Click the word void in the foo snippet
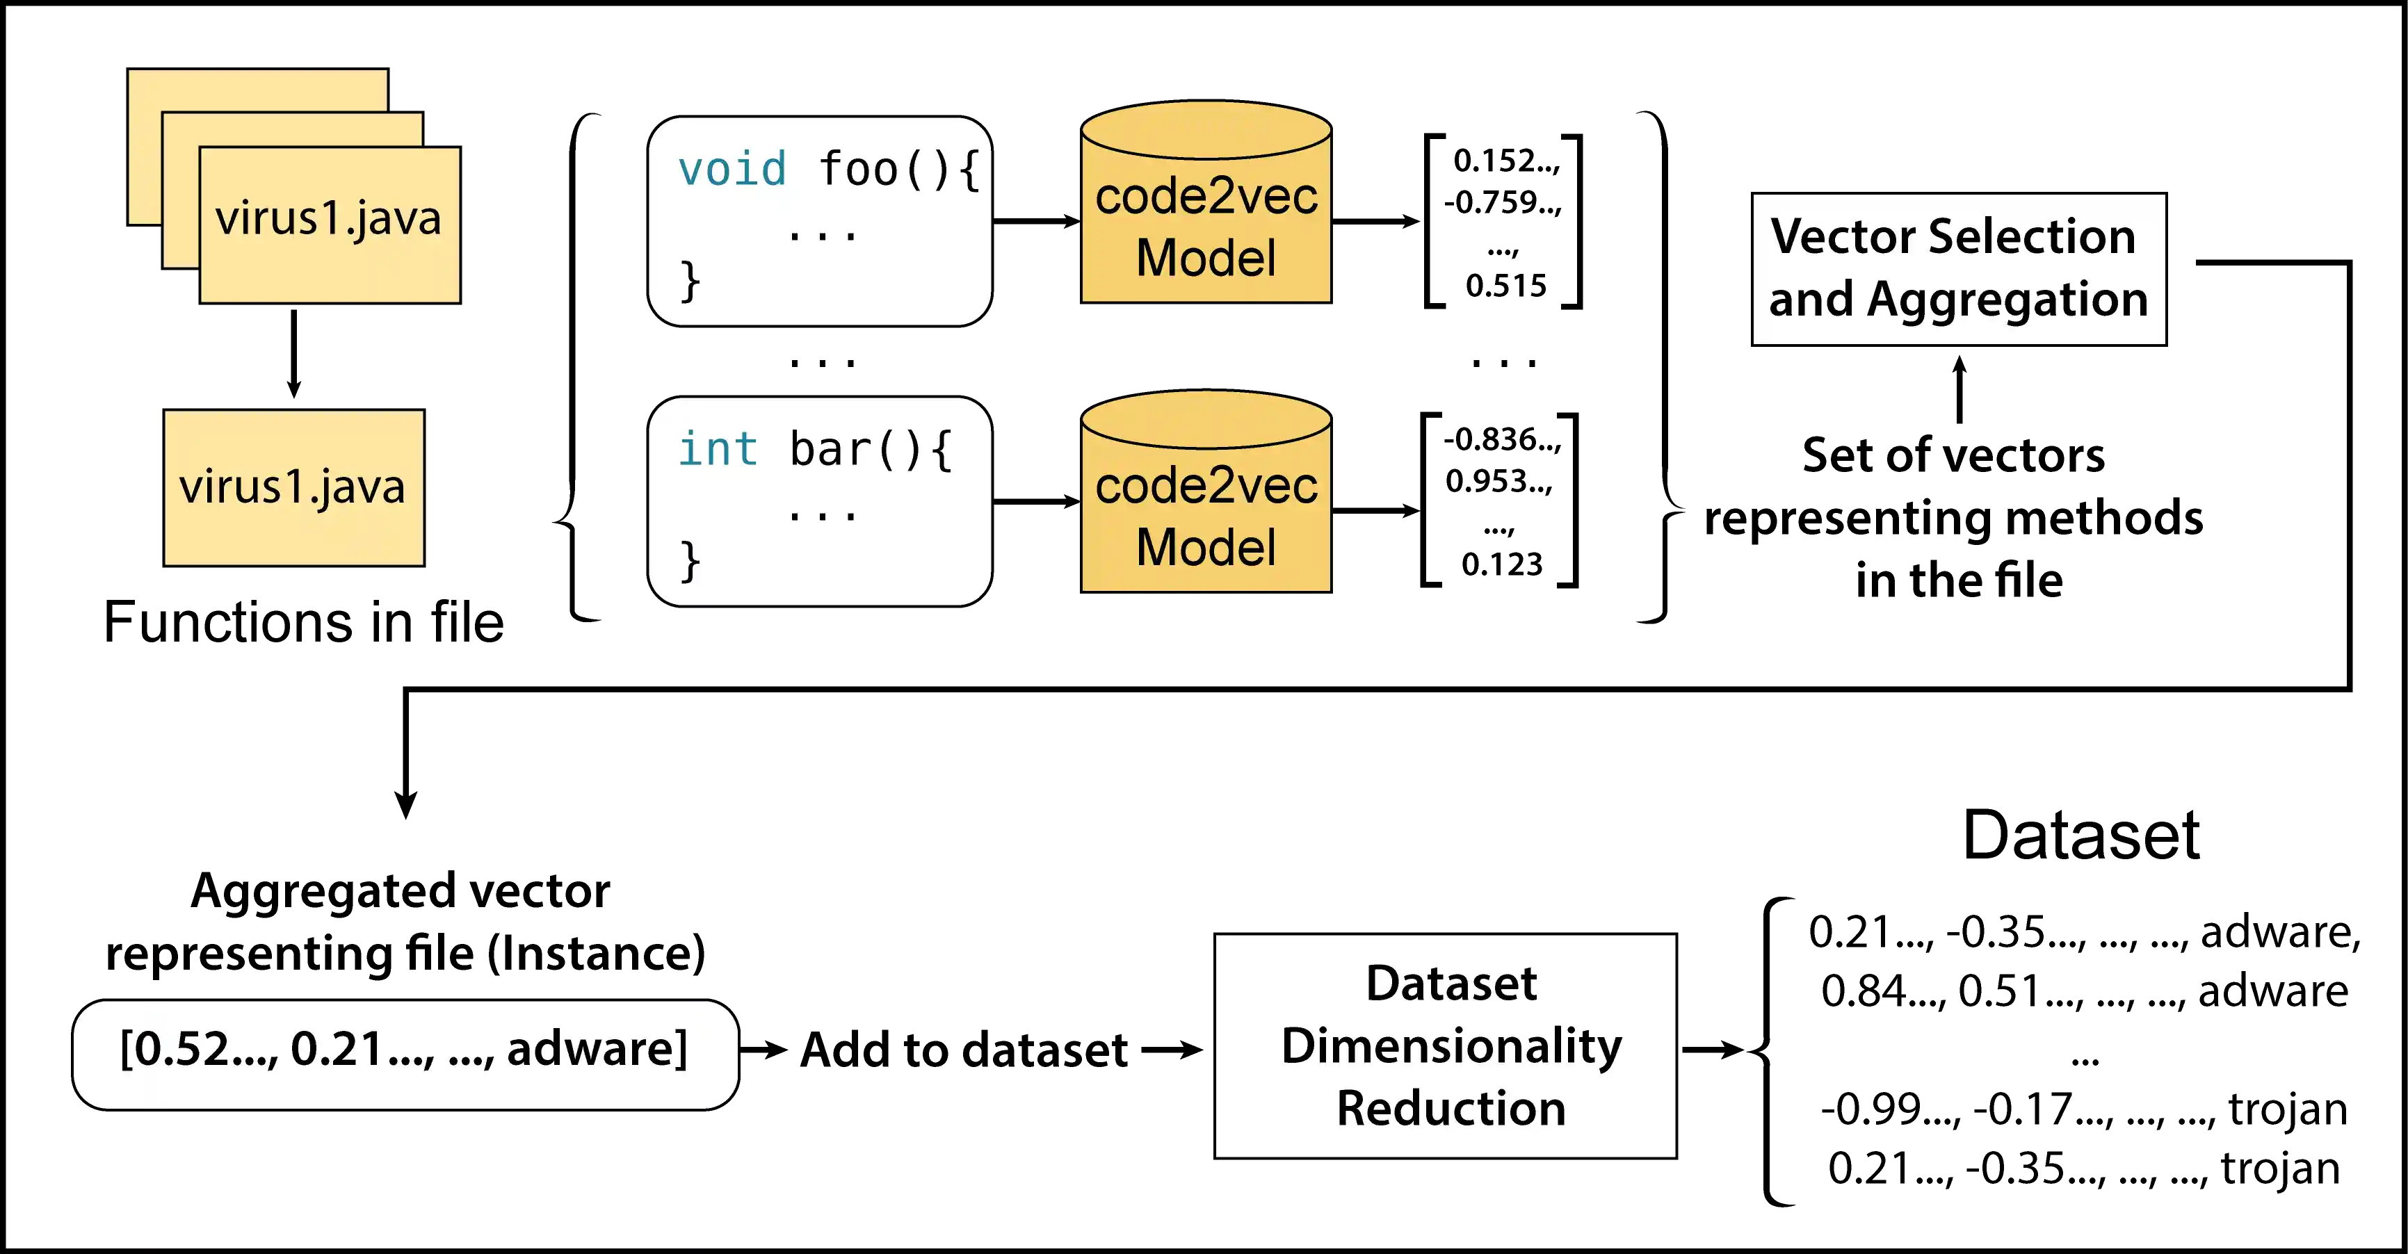pos(732,170)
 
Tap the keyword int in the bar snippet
pos(717,450)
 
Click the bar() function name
pos(855,450)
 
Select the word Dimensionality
pos(1451,1045)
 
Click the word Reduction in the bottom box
pos(1451,1108)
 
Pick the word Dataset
pos(1451,983)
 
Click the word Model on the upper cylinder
pos(1206,258)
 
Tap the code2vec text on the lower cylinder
pos(1206,486)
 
